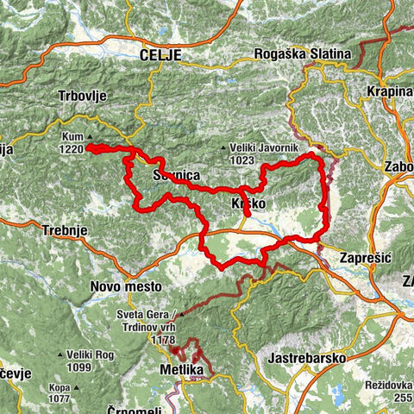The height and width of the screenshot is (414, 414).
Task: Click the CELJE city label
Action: (160, 54)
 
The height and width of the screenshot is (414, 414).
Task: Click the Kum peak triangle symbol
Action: (88, 135)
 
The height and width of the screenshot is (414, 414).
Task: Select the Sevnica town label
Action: (176, 176)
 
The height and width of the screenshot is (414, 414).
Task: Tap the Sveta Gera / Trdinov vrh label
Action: (152, 319)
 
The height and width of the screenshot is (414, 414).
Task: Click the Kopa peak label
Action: (60, 388)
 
